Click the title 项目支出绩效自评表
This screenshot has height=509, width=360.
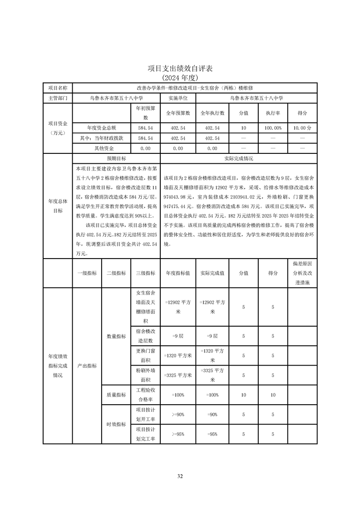point(180,69)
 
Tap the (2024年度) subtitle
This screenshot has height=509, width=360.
point(180,78)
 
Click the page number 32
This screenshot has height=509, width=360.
point(180,476)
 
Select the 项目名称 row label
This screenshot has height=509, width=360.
point(58,88)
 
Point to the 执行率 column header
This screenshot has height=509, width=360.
point(273,113)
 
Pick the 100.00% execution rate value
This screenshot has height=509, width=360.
point(273,128)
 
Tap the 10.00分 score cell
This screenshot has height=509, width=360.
point(302,128)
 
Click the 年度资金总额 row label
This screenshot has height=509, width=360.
point(101,128)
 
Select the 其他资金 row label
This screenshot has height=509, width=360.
point(101,148)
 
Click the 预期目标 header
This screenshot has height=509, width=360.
point(116,159)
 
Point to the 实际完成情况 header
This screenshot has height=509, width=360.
point(239,159)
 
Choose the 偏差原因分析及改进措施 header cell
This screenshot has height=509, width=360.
point(302,273)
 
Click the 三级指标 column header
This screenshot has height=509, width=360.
point(145,273)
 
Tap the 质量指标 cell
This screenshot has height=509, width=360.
point(116,395)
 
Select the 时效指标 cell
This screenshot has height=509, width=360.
point(116,424)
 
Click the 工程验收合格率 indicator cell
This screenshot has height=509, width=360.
point(145,395)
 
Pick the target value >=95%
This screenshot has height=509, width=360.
point(178,434)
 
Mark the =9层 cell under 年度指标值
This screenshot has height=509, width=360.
point(178,336)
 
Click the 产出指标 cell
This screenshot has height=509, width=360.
point(87,366)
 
